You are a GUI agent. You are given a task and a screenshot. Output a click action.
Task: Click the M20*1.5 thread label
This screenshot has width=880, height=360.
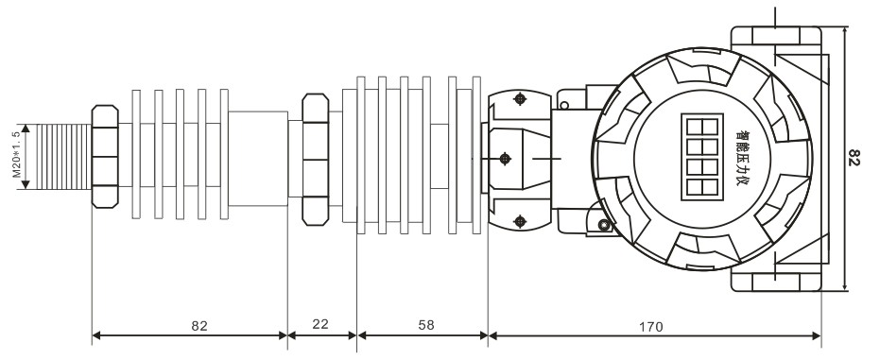pyautogui.click(x=16, y=155)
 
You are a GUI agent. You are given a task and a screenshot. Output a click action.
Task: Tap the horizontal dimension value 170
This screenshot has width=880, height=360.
pyautogui.click(x=651, y=326)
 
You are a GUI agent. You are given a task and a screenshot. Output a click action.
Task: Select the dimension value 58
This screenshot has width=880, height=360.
pyautogui.click(x=426, y=325)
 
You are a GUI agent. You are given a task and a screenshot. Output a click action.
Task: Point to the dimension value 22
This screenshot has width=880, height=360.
pyautogui.click(x=320, y=324)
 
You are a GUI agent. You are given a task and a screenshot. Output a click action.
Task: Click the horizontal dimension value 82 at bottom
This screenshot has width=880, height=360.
pyautogui.click(x=199, y=326)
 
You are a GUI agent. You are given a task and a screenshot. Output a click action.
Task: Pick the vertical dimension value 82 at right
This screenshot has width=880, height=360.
pyautogui.click(x=854, y=158)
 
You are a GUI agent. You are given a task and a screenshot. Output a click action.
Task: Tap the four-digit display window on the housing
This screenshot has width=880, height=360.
pyautogui.click(x=702, y=157)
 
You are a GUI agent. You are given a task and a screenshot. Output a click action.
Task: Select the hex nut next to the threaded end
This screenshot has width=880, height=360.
pyautogui.click(x=105, y=157)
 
